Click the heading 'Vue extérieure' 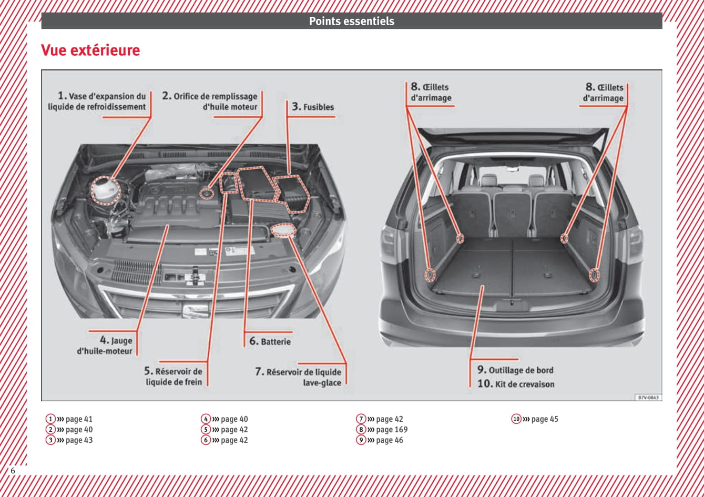(x=90, y=50)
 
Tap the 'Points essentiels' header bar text (x=351, y=22)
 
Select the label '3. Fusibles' (x=313, y=107)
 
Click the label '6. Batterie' (x=270, y=341)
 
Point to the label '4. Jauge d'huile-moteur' (x=105, y=346)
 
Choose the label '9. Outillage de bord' (x=515, y=370)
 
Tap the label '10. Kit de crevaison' (x=515, y=384)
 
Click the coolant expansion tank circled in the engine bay (x=105, y=190)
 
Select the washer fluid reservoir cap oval (x=283, y=230)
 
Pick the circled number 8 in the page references (x=361, y=430)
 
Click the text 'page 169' (x=392, y=430)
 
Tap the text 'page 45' (x=545, y=419)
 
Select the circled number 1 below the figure (x=50, y=419)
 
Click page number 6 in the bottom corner (x=13, y=470)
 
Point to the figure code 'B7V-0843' (x=648, y=398)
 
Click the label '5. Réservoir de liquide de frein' (x=174, y=377)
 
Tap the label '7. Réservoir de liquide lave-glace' (x=298, y=377)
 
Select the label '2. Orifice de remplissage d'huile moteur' (x=210, y=102)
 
